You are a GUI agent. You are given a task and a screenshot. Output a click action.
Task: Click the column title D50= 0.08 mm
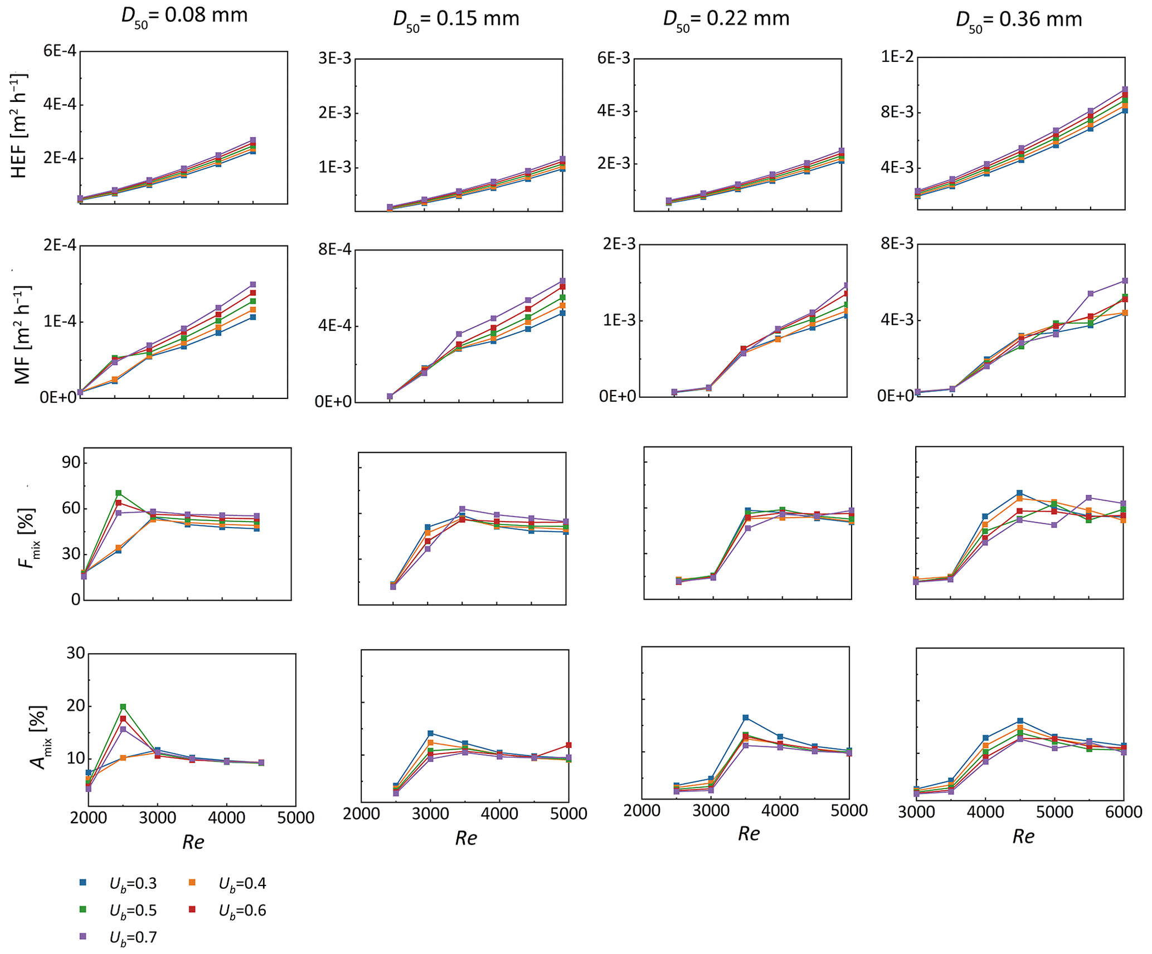[x=184, y=16]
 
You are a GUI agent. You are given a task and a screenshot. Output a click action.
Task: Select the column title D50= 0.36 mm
[x=1018, y=20]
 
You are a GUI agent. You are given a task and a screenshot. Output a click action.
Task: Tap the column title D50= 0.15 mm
[x=456, y=19]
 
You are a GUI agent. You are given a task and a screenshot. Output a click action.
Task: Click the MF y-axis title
[x=22, y=335]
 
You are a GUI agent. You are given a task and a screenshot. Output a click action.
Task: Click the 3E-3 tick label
[x=334, y=59]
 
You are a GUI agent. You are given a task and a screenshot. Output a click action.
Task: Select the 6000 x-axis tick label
[x=1123, y=812]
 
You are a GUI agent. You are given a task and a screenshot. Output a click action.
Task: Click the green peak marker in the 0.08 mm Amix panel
[x=123, y=707]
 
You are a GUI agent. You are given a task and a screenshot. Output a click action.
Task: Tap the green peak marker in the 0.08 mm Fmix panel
[x=119, y=493]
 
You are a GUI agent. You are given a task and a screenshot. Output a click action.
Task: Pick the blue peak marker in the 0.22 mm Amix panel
[x=746, y=718]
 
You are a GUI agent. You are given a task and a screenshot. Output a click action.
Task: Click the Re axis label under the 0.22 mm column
[x=748, y=834]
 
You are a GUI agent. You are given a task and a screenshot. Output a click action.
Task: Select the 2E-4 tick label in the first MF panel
[x=60, y=246]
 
